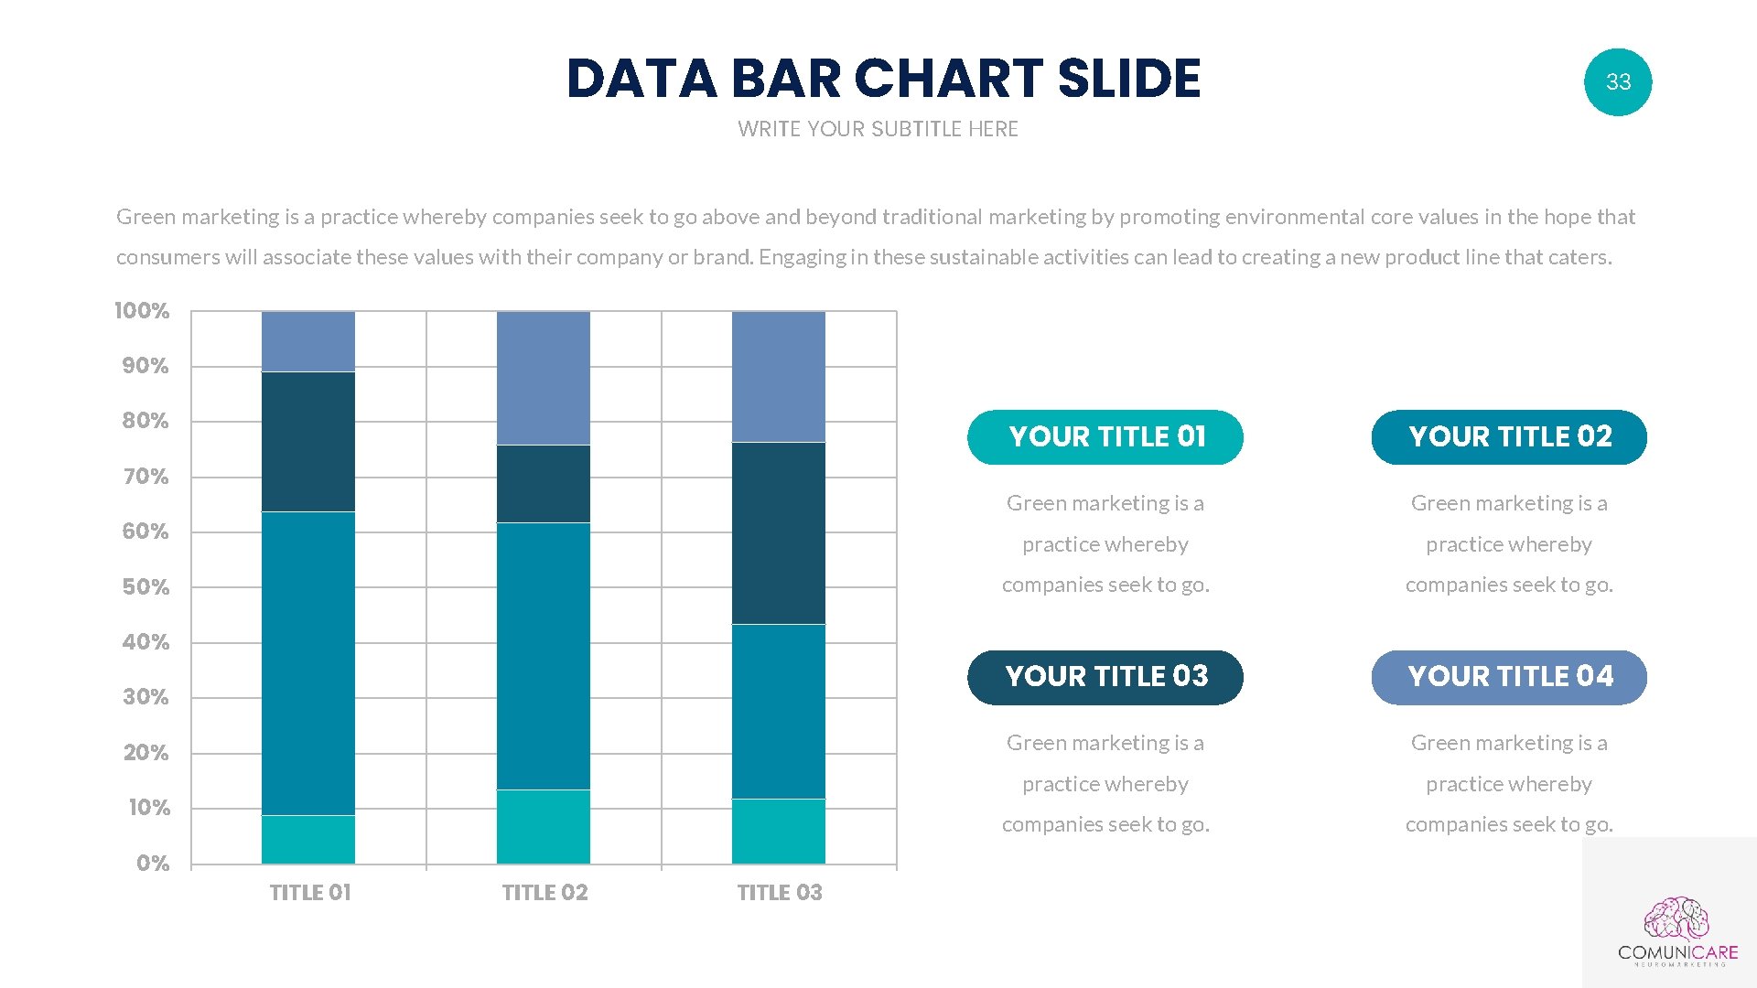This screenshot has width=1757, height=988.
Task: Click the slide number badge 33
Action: click(x=1618, y=82)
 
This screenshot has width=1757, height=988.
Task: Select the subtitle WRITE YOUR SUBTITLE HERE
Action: click(x=878, y=129)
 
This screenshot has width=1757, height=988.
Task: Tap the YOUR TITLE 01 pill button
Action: click(x=1105, y=437)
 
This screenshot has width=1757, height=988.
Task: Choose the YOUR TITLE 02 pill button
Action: click(x=1509, y=437)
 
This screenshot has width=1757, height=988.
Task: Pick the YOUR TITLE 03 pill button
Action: click(x=1105, y=677)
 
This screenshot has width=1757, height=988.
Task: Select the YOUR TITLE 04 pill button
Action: click(x=1509, y=677)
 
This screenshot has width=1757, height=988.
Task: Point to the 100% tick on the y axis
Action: click(x=142, y=311)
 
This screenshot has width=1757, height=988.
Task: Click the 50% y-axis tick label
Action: click(x=146, y=587)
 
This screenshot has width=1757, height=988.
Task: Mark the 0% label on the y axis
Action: click(x=153, y=864)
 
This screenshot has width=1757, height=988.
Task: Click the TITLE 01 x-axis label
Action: click(x=310, y=893)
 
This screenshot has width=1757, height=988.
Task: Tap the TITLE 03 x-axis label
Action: click(x=780, y=893)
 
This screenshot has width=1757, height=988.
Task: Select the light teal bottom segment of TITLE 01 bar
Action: click(x=308, y=840)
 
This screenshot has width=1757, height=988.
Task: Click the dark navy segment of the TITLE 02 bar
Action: click(x=544, y=484)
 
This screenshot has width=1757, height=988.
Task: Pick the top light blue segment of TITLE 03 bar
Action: click(x=779, y=377)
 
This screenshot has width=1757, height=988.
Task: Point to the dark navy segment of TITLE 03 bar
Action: click(x=779, y=533)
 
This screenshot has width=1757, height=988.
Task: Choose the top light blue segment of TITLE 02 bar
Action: click(x=544, y=378)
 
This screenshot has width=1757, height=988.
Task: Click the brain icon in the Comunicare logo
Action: click(x=1676, y=918)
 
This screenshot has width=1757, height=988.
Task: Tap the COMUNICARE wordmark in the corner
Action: click(x=1677, y=952)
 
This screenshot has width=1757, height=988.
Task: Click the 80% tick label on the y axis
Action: click(x=146, y=421)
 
